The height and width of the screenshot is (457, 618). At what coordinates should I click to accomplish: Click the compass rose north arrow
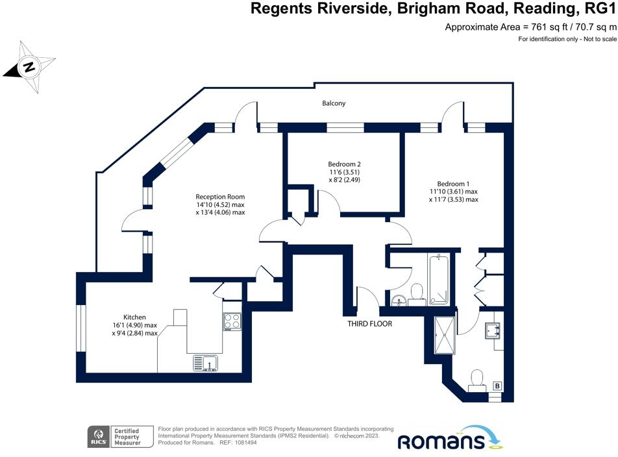pos(29,66)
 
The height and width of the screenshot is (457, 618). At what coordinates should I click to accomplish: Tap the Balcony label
pos(334,103)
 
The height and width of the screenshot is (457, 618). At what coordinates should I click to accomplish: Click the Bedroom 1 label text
pos(453,183)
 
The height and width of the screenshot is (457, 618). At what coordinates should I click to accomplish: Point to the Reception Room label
pos(221,196)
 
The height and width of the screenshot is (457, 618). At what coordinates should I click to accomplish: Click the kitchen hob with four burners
pos(232,321)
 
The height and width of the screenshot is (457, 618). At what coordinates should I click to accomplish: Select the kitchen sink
pos(206,363)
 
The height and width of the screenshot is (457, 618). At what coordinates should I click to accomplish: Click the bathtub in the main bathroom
pos(439,279)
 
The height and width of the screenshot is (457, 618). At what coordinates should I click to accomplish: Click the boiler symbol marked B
pos(497,386)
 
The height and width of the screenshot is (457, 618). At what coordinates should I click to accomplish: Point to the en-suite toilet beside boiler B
pos(478,380)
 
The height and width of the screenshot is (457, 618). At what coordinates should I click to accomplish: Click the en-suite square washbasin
pos(493,330)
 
